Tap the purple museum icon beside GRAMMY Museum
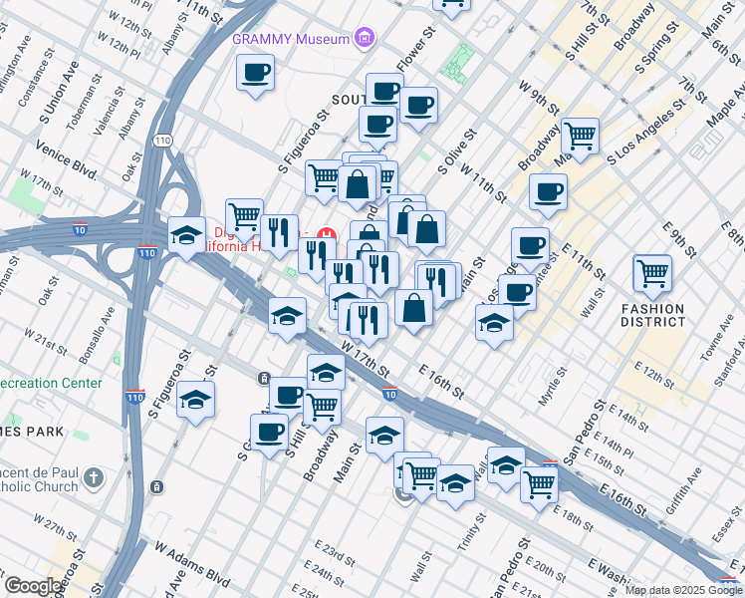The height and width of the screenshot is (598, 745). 366,39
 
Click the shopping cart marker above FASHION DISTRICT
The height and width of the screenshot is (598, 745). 651,272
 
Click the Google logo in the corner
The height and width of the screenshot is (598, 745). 33,586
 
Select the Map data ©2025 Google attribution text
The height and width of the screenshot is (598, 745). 683,590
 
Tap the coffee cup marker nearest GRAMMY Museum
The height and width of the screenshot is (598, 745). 256,73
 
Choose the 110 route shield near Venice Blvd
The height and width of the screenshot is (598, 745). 161,143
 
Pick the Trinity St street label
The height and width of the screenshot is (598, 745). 465,537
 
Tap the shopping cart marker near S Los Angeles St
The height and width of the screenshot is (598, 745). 579,136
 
